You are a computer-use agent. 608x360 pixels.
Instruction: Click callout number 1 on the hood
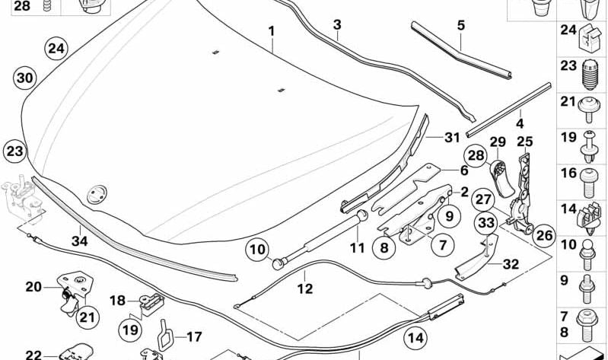coord(271,33)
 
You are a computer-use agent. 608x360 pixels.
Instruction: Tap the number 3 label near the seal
coord(337,25)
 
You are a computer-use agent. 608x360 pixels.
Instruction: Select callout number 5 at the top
coord(460,25)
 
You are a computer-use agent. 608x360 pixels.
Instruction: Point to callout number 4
coord(520,122)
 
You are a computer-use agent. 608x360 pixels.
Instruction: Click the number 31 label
coord(453,138)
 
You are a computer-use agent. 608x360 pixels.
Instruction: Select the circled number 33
coord(487,223)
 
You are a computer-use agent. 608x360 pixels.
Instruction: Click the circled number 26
coord(543,235)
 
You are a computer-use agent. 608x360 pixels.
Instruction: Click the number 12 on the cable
coord(304,289)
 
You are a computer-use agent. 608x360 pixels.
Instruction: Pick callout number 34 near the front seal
coord(79,241)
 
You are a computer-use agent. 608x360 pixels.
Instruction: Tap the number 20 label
coord(33,287)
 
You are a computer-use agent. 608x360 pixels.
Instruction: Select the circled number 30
coord(24,78)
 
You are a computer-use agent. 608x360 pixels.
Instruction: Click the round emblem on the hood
coord(97,193)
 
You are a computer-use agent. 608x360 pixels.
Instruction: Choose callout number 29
coord(498,142)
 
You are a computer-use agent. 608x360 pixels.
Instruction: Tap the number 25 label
coord(524,142)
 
